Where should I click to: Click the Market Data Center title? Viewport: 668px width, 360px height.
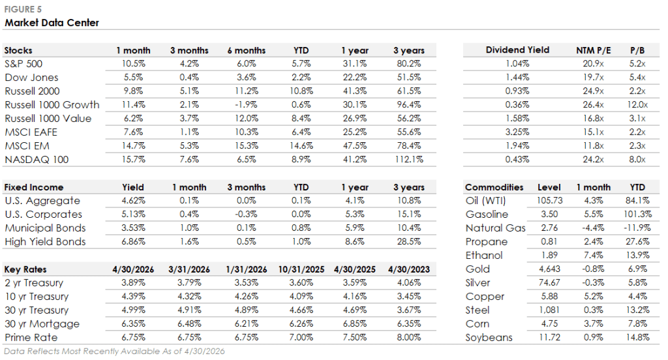(x=52, y=23)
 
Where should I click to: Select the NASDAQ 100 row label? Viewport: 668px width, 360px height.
(x=37, y=160)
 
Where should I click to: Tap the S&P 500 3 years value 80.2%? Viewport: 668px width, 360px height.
(x=409, y=64)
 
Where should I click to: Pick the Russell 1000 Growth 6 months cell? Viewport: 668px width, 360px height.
(x=246, y=105)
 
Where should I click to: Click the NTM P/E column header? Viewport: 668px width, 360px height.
(x=594, y=50)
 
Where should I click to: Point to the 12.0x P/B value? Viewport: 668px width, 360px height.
(x=637, y=105)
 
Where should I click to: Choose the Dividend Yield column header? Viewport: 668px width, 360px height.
(x=517, y=50)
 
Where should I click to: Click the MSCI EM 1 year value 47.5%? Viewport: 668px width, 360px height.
(x=354, y=145)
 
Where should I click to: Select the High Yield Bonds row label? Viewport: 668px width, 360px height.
(x=45, y=242)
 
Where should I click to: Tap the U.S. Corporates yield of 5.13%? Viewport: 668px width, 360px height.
(x=133, y=215)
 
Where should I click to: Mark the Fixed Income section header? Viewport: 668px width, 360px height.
(x=34, y=187)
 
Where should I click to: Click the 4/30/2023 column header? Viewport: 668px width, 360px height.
(x=409, y=270)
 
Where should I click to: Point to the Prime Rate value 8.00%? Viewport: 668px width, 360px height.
(x=409, y=337)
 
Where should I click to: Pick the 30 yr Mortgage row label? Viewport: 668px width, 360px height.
(x=42, y=324)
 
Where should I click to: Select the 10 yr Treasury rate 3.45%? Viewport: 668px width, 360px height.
(x=409, y=297)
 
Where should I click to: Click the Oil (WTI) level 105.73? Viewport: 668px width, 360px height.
(x=549, y=201)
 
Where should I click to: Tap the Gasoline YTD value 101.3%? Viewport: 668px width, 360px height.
(x=637, y=215)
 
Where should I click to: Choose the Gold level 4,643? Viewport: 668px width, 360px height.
(x=549, y=269)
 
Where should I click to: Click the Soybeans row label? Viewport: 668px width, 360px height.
(x=489, y=338)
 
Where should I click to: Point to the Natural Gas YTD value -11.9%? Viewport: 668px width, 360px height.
(x=637, y=228)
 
